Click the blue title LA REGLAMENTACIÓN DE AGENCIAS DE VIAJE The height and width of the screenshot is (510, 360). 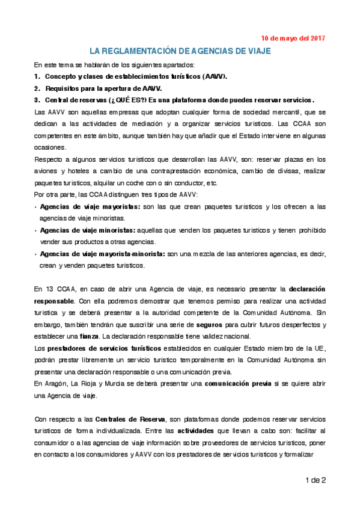pos(180,52)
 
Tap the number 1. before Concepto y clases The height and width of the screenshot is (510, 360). pos(37,76)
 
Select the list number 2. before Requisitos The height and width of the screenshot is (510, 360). pos(37,88)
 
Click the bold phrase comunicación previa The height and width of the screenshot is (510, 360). pos(238,382)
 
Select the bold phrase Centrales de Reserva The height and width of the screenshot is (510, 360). pos(123,418)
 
